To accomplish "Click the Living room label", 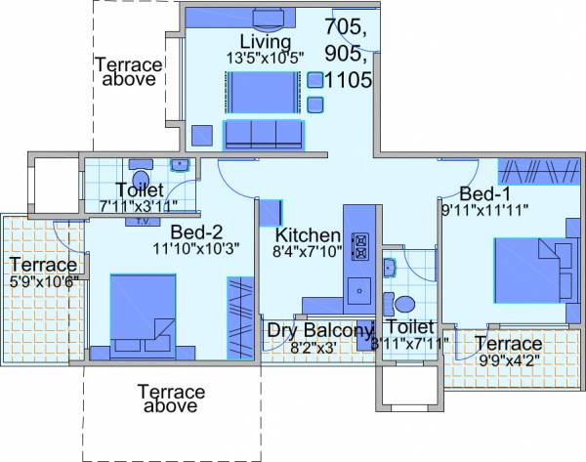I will (266, 42).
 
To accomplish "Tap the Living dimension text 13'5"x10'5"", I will (266, 58).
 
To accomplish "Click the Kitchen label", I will (308, 235).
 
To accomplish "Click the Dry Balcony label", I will (320, 330).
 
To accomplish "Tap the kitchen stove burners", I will (358, 245).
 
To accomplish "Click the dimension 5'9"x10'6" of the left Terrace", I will (43, 282).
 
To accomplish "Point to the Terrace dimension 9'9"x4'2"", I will (508, 360).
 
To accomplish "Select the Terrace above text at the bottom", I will (171, 399).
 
